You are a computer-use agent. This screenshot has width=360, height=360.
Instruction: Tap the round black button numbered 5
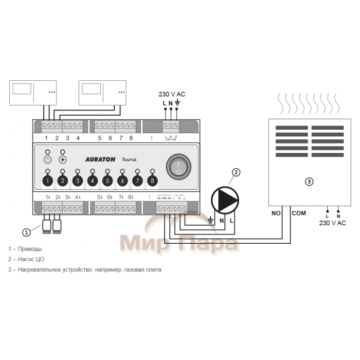pyautogui.click(x=107, y=181)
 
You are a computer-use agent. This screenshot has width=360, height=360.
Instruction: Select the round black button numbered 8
pyautogui.click(x=152, y=181)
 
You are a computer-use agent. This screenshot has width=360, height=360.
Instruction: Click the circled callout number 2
pyautogui.click(x=236, y=173)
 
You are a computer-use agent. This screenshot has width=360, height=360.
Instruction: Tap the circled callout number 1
pyautogui.click(x=27, y=232)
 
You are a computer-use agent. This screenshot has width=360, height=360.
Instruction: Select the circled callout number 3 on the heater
pyautogui.click(x=309, y=182)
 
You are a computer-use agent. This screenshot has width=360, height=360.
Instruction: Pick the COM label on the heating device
pyautogui.click(x=298, y=213)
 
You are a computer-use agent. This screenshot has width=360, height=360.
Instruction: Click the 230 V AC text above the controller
pyautogui.click(x=172, y=94)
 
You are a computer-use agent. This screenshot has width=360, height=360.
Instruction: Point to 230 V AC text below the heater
pyautogui.click(x=332, y=223)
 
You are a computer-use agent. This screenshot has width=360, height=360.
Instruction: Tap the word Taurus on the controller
pyautogui.click(x=129, y=160)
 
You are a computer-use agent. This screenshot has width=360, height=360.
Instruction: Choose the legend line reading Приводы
pyautogui.click(x=25, y=249)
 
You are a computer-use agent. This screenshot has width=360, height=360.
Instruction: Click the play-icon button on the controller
pyautogui.click(x=63, y=159)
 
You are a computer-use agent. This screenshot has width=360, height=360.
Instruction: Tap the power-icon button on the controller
pyautogui.click(x=47, y=159)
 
